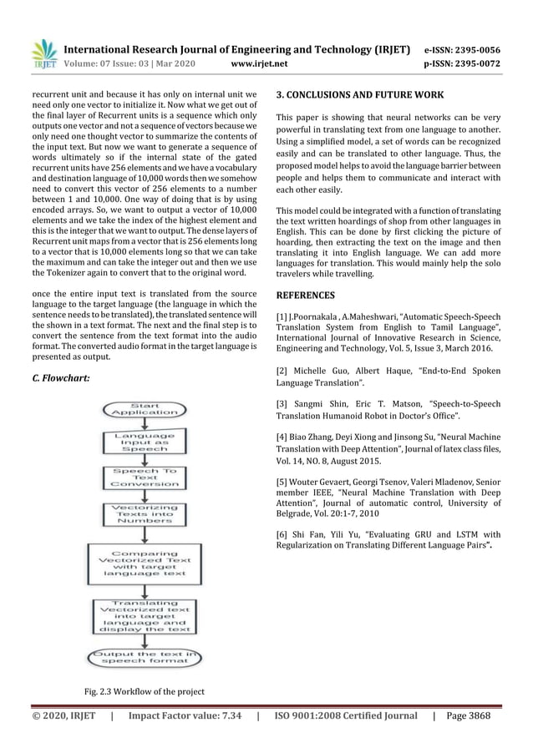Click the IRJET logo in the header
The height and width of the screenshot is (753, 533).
[43, 52]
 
